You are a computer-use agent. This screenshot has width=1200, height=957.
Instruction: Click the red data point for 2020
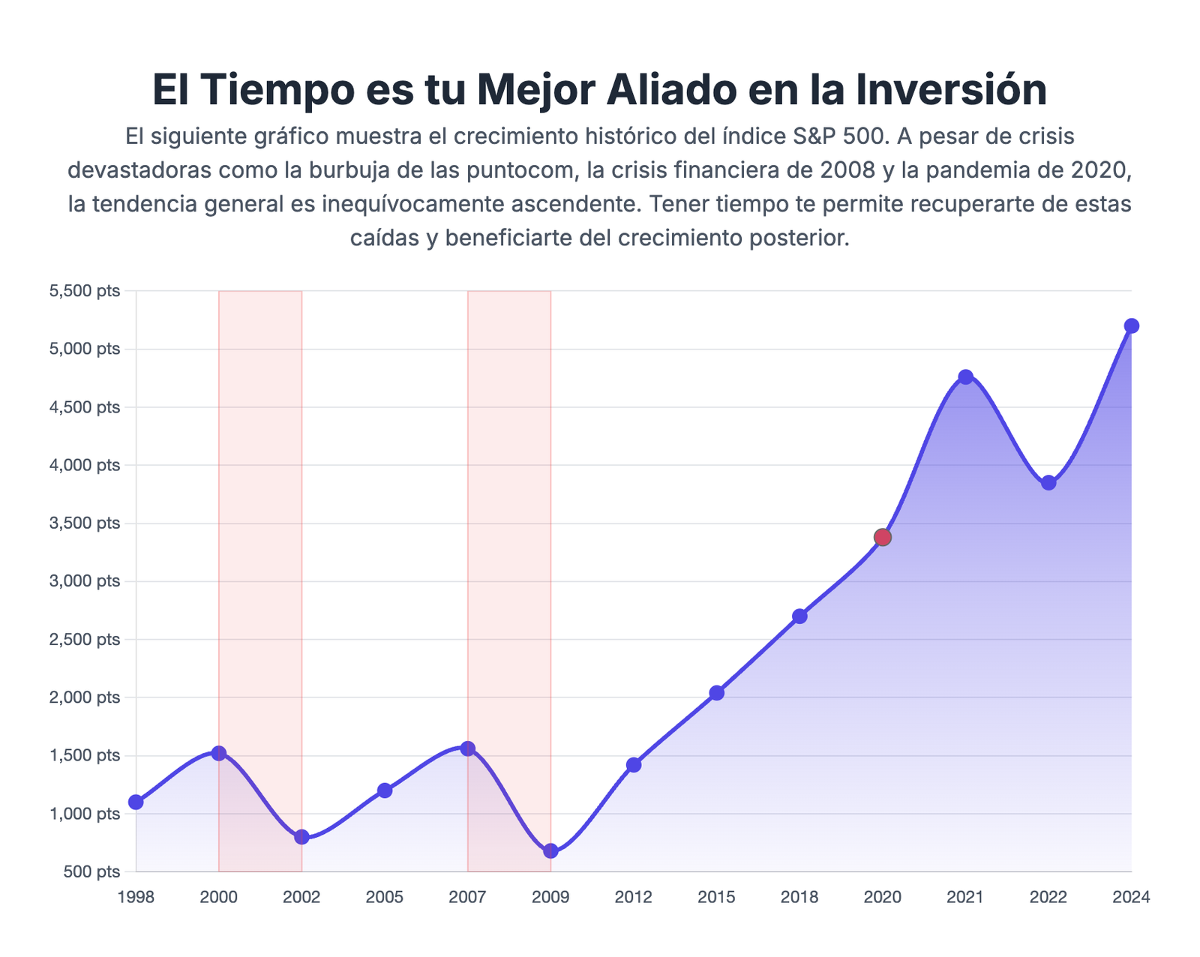pos(882,537)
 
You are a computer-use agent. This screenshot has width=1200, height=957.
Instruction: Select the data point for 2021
pos(965,376)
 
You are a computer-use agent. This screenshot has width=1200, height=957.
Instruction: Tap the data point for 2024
pos(1131,325)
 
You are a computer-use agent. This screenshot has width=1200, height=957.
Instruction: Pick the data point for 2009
pos(550,850)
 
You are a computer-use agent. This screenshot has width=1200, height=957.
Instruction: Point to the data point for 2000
pos(219,753)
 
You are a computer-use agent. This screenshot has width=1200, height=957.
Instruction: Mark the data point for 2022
pos(1048,483)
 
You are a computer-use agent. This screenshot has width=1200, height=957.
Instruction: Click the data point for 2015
pos(716,693)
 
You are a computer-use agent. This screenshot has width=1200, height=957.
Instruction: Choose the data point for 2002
pos(301,837)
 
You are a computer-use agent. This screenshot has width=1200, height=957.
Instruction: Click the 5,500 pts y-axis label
pos(84,291)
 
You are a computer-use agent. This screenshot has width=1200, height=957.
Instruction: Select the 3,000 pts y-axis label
pos(84,581)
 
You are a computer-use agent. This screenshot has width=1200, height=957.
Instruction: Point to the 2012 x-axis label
pos(634,897)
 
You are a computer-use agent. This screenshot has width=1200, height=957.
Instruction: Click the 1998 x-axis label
pos(136,897)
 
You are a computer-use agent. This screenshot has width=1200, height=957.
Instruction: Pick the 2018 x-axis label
pos(799,897)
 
